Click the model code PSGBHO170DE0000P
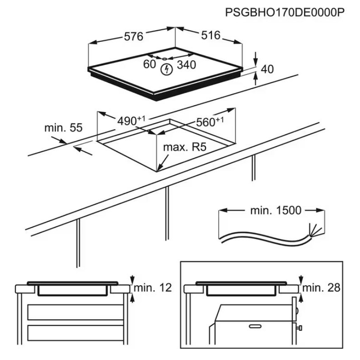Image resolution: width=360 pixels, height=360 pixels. (x=285, y=13)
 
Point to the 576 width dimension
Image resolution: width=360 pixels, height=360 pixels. (x=133, y=37)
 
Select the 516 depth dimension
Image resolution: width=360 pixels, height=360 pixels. (x=211, y=36)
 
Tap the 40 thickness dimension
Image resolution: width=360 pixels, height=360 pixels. (x=267, y=69)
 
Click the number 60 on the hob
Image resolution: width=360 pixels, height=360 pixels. (x=149, y=64)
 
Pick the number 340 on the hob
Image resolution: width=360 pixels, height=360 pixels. (x=186, y=65)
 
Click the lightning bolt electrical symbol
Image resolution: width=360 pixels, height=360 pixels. (x=167, y=70)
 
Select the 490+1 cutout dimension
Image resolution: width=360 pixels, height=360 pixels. (x=131, y=121)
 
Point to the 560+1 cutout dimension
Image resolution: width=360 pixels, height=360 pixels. (x=210, y=122)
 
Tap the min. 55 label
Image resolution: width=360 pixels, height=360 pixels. (x=63, y=128)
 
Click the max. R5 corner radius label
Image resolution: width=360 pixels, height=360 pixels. (x=185, y=147)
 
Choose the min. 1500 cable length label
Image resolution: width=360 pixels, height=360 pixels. (x=276, y=210)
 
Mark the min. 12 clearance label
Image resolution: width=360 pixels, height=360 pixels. (x=153, y=288)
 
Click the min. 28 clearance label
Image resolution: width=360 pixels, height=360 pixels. (x=321, y=288)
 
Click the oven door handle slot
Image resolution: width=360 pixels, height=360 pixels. (x=255, y=326)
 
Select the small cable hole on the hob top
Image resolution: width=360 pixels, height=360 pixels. (x=165, y=59)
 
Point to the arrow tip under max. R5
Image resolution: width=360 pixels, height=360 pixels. (x=157, y=171)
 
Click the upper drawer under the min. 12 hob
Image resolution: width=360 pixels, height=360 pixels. (x=75, y=312)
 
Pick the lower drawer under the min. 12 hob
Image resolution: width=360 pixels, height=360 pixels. (x=75, y=333)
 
